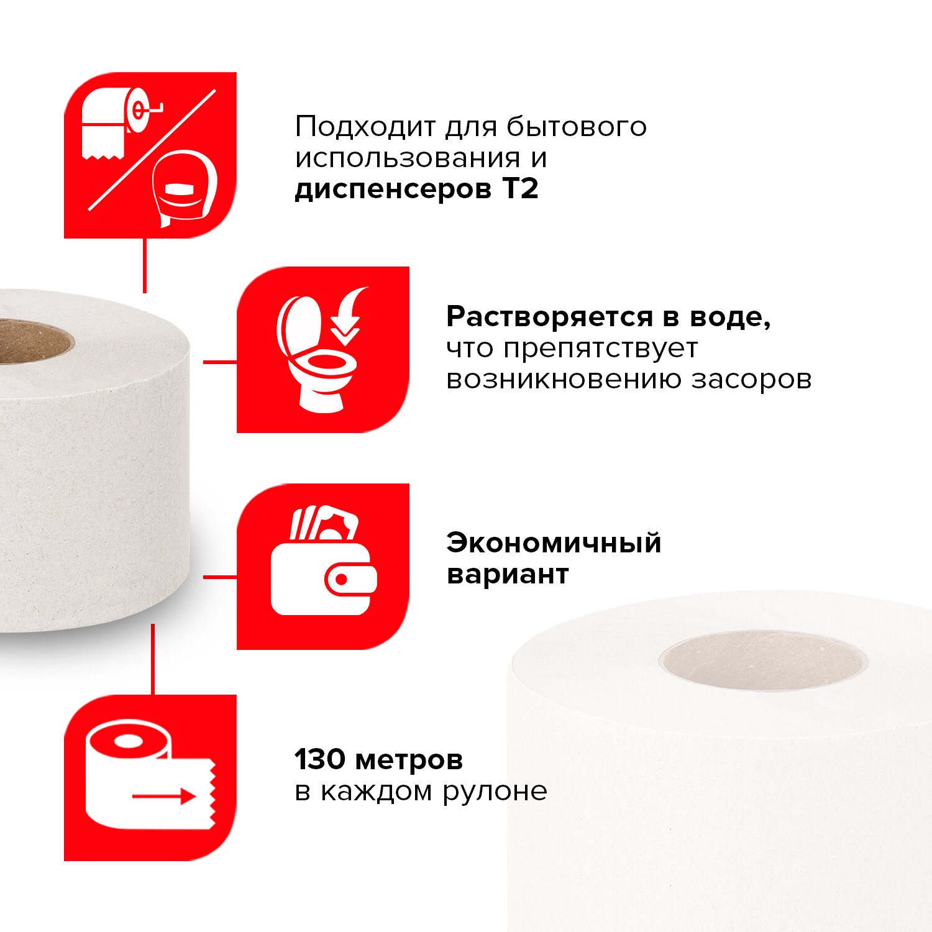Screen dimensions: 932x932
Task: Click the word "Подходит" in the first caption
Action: click(x=365, y=127)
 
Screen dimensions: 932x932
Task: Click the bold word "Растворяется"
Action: click(x=550, y=318)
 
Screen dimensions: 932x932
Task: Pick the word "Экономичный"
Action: click(x=554, y=543)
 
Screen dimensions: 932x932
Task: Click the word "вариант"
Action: click(x=508, y=575)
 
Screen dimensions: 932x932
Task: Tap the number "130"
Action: click(x=319, y=759)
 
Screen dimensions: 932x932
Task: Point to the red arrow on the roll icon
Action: click(x=165, y=796)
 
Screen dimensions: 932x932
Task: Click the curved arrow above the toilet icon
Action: click(x=348, y=314)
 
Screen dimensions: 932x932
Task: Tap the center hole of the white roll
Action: click(x=763, y=660)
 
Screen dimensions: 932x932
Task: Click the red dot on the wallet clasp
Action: click(x=341, y=580)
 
